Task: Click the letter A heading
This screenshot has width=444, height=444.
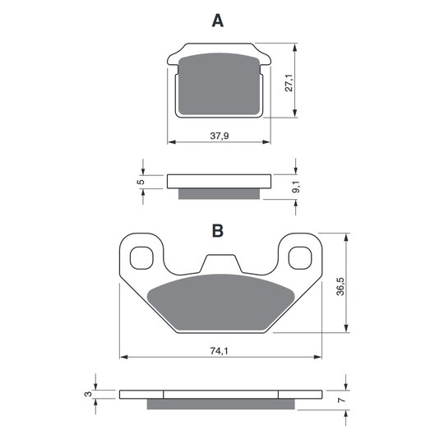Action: coord(217,21)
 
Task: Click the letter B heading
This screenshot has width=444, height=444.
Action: coord(217,230)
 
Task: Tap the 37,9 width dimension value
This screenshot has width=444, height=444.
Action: coord(220,136)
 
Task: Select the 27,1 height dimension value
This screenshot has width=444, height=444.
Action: coord(289,83)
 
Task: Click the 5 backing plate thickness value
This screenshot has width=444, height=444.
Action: coord(141,182)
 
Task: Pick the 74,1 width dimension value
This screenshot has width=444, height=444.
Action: coord(219,351)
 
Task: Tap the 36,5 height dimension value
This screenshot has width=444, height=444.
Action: coord(340,287)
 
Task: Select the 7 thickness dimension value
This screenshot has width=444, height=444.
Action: coord(342,400)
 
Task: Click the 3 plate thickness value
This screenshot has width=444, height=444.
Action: coord(88,394)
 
